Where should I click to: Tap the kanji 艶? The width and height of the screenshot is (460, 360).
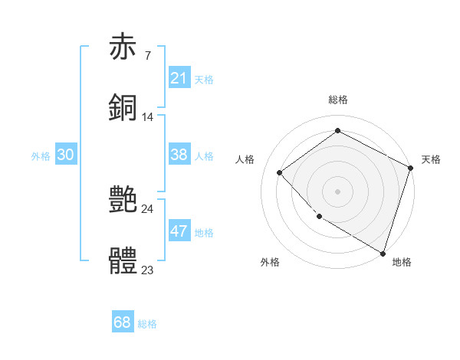(x=123, y=200)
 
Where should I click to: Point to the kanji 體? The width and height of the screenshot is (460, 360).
(x=123, y=260)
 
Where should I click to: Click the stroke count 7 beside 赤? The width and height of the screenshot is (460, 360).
(x=147, y=56)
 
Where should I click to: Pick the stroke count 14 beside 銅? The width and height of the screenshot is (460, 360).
(x=147, y=117)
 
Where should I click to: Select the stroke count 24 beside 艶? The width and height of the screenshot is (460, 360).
(x=147, y=209)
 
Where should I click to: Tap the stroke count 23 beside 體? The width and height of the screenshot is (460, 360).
(x=147, y=270)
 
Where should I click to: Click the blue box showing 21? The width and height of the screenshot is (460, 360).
(x=179, y=78)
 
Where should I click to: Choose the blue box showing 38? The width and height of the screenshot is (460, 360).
(x=179, y=155)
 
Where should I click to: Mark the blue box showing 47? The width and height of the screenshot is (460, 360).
(x=179, y=231)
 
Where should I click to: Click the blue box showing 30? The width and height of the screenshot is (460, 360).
(x=66, y=155)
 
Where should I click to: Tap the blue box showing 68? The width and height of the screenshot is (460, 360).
(x=123, y=322)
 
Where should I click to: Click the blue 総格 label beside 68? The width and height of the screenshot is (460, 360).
(x=147, y=324)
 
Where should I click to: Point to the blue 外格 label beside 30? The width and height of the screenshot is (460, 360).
(x=41, y=156)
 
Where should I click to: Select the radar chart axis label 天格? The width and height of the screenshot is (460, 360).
(x=431, y=159)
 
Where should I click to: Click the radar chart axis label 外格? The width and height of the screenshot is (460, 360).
(x=270, y=262)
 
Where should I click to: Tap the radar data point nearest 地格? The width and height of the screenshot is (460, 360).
(x=383, y=252)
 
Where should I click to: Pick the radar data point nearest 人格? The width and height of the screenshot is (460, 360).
(x=280, y=172)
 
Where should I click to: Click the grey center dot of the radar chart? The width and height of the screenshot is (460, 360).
(x=337, y=191)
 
